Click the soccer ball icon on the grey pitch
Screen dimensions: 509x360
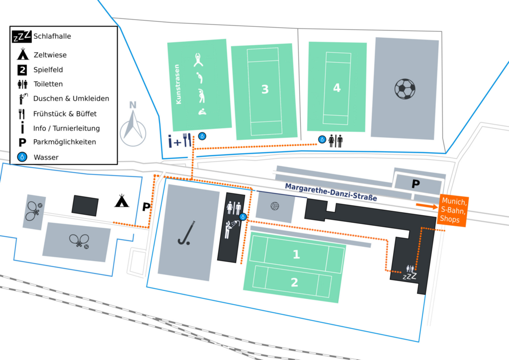pos(405,89)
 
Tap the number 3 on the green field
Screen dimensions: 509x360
pos(265,89)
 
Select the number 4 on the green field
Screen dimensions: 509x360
pos(337,88)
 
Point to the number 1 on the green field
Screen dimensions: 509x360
pos(296,254)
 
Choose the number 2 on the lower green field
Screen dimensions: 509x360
pos(294,282)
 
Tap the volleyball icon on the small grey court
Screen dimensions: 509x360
pos(275,206)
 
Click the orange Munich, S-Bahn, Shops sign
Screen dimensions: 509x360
pos(453,210)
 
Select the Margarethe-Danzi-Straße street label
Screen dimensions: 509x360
pos(331,192)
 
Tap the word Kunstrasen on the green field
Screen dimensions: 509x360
pos(177,84)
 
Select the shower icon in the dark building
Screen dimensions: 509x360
pos(231,229)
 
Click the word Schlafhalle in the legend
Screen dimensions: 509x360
pos(52,36)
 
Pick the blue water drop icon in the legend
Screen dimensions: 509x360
pos(22,157)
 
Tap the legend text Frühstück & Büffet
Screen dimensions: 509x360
pos(65,113)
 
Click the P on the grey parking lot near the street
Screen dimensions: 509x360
pos(416,184)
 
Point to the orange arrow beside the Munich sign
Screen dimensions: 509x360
pos(427,206)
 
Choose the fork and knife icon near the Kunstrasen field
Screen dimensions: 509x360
pos(187,140)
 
